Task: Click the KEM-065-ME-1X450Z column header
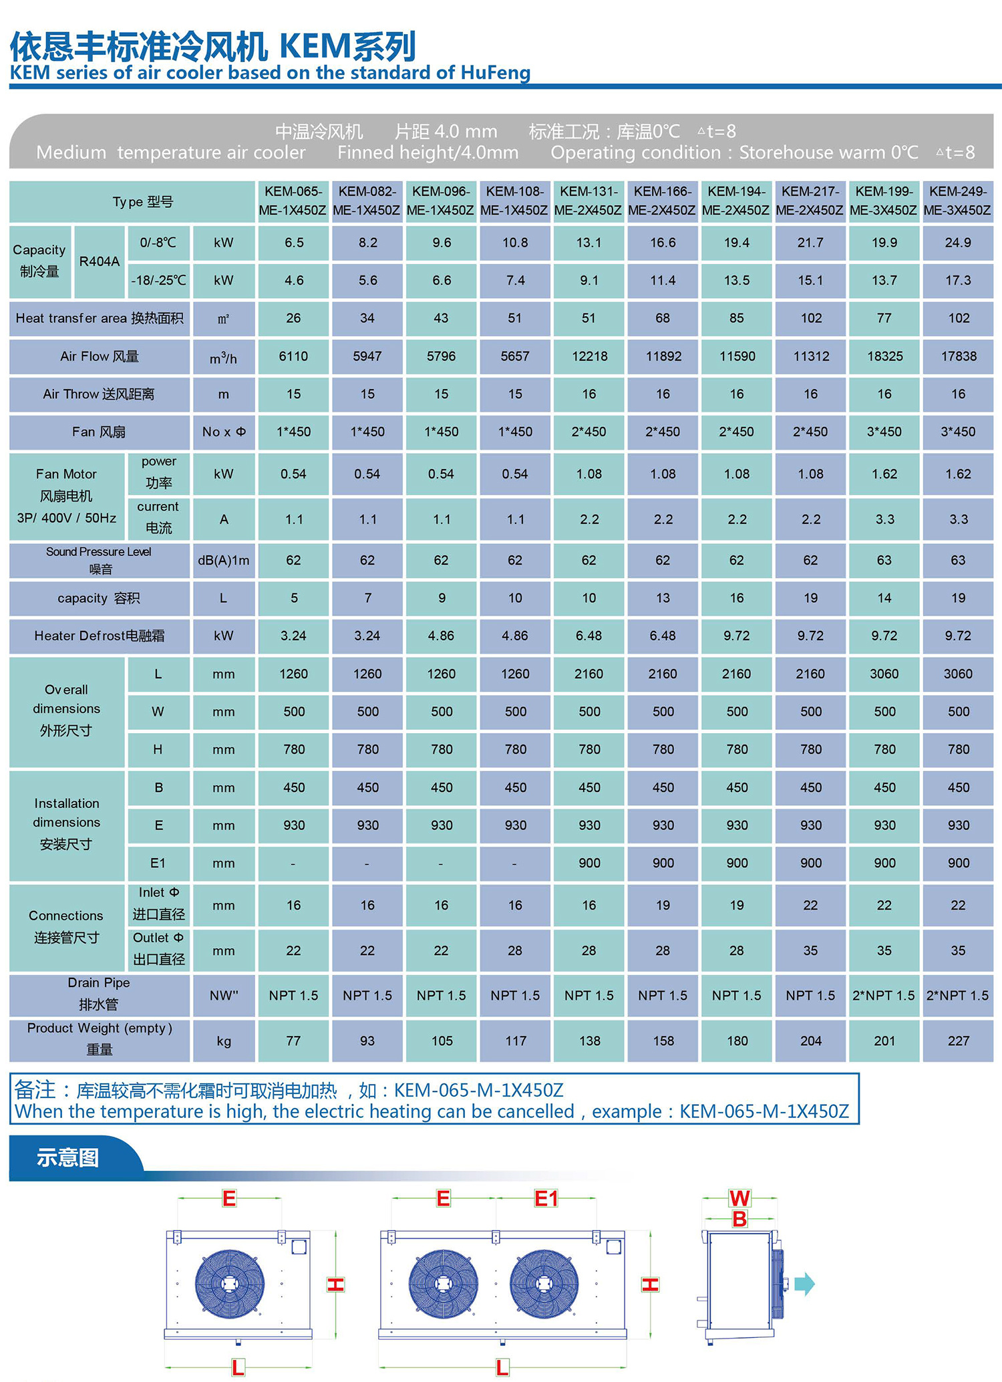pos(293,200)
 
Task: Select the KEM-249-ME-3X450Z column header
pos(957,200)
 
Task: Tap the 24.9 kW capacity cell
pos(958,243)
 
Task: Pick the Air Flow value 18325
pos(884,356)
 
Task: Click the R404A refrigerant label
pos(100,261)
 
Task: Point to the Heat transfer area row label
pos(100,318)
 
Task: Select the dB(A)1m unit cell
pos(224,561)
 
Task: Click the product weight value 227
pos(958,1041)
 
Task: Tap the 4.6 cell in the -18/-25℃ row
pos(294,281)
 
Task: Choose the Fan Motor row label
pos(66,496)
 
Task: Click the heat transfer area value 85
pos(737,318)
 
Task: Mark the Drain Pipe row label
pos(99,994)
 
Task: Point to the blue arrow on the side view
pos(805,1284)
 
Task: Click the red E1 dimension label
pos(546,1198)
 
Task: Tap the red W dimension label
pos(739,1198)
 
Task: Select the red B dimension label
pos(739,1219)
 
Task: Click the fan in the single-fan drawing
pos(230,1284)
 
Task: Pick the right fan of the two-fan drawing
pos(544,1284)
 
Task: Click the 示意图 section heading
pos(68,1157)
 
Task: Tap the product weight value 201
pos(884,1041)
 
